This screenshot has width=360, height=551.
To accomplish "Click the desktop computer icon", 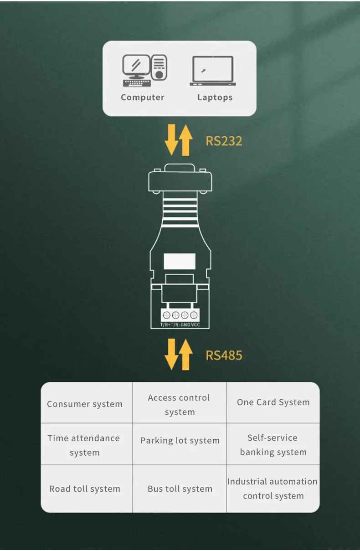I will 144,71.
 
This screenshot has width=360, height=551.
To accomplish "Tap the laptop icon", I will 213,71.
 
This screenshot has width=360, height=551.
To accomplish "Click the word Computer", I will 143,98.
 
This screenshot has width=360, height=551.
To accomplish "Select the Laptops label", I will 215,98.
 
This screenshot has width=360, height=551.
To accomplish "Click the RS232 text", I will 224,140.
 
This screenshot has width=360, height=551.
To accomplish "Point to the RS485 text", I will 224,355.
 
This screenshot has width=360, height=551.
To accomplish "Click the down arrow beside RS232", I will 172,140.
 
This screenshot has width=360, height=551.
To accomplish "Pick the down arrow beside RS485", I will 172,355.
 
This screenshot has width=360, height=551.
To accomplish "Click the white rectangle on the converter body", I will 180,262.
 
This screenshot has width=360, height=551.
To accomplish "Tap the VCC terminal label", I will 195,324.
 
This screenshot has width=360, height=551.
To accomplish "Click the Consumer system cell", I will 85,404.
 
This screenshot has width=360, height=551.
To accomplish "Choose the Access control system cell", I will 179,404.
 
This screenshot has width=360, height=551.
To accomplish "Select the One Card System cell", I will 273,402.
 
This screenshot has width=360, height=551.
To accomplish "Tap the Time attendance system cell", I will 84,445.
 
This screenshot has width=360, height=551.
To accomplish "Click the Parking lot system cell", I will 180,441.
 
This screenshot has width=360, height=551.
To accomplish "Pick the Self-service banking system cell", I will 273,444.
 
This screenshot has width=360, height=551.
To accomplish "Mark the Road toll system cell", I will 85,489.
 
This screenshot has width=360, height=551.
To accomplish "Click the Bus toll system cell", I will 180,489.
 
